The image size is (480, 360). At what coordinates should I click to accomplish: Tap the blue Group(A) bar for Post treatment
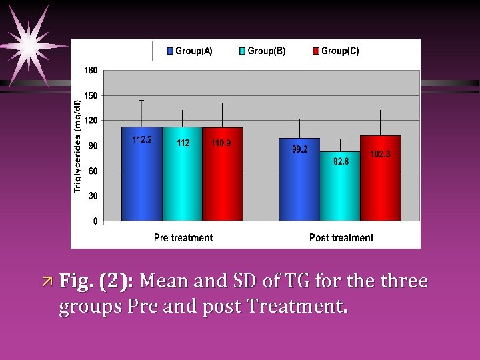[x=299, y=179]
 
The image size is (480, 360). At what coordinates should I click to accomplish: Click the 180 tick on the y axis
[x=91, y=70]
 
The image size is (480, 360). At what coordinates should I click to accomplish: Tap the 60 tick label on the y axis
[x=93, y=171]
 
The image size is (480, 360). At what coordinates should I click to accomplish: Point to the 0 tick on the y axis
[x=95, y=221]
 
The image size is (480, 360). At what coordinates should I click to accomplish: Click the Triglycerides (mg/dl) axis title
[x=77, y=146]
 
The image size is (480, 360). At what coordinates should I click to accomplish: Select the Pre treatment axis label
[x=183, y=237]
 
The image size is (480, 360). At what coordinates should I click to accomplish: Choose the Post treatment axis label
[x=341, y=237]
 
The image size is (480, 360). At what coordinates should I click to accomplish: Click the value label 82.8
[x=341, y=161]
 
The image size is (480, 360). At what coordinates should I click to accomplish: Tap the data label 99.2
[x=300, y=149]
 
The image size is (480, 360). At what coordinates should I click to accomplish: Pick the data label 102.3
[x=380, y=154]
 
